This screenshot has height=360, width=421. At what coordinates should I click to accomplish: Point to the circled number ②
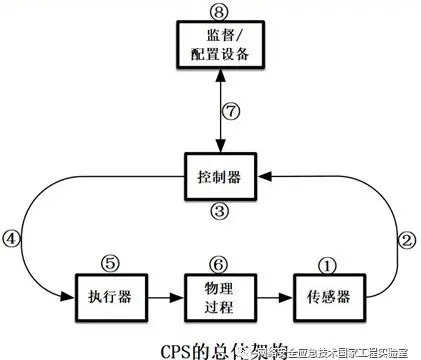pyautogui.click(x=406, y=240)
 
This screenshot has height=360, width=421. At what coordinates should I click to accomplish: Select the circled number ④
pyautogui.click(x=11, y=240)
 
